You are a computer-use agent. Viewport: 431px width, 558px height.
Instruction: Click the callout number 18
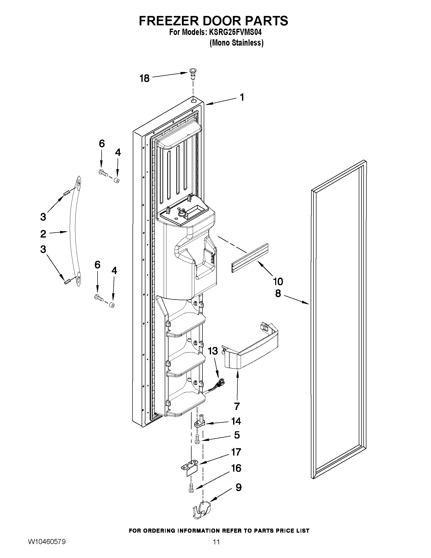[x=144, y=78]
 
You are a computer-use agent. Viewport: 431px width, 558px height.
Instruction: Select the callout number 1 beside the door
[x=242, y=97]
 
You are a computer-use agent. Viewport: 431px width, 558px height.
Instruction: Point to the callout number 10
[x=278, y=281]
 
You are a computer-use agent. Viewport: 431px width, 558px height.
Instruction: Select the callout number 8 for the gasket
[x=278, y=294]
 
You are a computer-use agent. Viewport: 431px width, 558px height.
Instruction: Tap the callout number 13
[x=213, y=351]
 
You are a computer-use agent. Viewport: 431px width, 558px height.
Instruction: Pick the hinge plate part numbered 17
[x=190, y=466]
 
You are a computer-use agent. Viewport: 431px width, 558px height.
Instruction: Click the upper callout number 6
[x=102, y=144]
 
